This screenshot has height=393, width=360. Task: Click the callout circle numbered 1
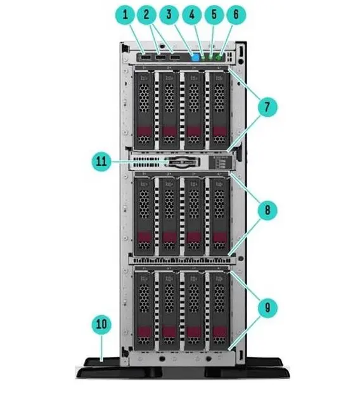pos(125,15)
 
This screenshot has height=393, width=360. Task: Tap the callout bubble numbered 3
pos(169,15)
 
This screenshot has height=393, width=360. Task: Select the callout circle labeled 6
pos(236,15)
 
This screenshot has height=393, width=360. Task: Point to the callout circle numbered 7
pos(267,106)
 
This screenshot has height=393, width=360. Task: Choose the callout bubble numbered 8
pos(267,210)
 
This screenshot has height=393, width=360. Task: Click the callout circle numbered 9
pos(267,307)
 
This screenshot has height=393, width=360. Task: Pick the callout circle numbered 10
pos(101,324)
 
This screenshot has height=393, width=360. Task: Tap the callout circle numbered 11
pos(101,161)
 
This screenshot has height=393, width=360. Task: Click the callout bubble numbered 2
pos(146,15)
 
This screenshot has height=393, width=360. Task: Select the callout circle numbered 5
pos(214,15)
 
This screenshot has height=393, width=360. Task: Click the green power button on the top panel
pos(219,58)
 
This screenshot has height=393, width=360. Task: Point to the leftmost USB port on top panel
pos(146,58)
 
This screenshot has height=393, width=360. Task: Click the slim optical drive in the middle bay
pos(182,162)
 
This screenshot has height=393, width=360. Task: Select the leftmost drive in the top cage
pos(144,110)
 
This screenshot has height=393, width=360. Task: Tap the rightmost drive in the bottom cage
pos(219,311)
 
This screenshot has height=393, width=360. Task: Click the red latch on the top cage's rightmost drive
pos(219,131)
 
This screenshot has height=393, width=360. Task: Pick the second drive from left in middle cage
pos(169,216)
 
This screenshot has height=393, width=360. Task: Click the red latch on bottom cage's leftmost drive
pos(145,332)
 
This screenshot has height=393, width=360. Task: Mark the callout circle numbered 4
pos(192,15)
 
